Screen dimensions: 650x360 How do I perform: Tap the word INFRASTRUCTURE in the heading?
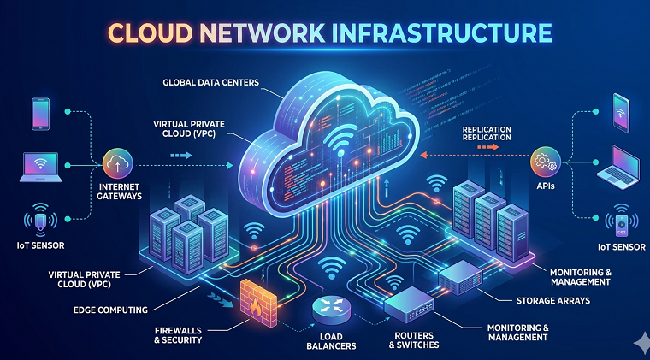point(446,33)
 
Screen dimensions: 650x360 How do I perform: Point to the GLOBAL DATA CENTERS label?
point(210,82)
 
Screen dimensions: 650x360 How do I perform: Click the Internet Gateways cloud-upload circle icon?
point(118,164)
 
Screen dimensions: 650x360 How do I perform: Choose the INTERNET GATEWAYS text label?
point(120,192)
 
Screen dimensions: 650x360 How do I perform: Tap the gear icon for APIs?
point(546,162)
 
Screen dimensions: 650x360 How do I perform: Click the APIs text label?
point(546,186)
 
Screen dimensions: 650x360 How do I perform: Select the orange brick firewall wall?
point(258,303)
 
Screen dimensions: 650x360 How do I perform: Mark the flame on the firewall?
point(256,308)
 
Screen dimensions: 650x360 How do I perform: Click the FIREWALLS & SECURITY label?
point(178,335)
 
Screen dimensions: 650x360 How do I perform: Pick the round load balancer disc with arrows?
point(331,309)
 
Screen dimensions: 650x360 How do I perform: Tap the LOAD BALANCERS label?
point(331,341)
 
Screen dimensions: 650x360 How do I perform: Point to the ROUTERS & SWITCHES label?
point(414,340)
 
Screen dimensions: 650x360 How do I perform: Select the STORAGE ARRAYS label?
point(553,301)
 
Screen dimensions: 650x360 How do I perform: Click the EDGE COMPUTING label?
point(110,310)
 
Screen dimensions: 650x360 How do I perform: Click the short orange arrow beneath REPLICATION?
point(487,147)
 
